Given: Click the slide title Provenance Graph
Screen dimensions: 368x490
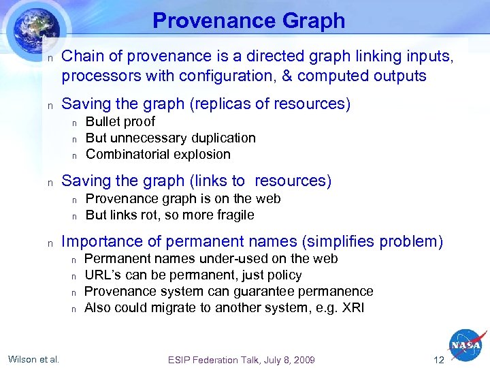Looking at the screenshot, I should click(248, 20).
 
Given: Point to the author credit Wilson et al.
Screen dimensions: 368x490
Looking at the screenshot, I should click(33, 359).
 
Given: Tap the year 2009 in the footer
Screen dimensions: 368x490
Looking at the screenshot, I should click(302, 360).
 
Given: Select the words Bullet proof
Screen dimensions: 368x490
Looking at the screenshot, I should click(120, 121).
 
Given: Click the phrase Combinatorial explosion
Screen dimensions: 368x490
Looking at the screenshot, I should click(158, 154).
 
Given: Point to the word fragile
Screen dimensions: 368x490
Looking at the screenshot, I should click(234, 215).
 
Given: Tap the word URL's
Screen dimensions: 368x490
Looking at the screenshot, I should click(101, 275).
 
